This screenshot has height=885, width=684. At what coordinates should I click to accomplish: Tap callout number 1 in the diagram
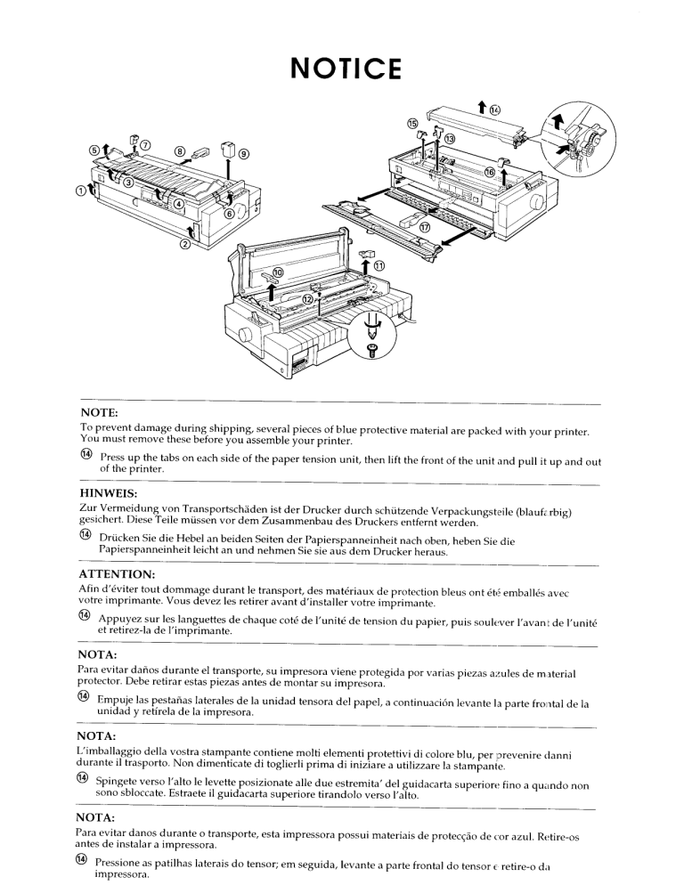tap(80, 188)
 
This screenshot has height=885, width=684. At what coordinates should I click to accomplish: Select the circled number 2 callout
tap(184, 247)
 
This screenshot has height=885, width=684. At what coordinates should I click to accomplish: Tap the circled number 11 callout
tap(379, 265)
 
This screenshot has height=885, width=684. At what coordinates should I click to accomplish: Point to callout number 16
tap(490, 171)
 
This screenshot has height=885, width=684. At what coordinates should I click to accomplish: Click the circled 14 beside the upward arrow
tap(495, 110)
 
